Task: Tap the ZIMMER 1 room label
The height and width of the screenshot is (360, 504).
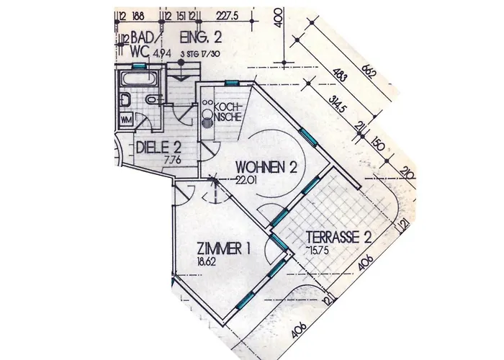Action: click(x=224, y=250)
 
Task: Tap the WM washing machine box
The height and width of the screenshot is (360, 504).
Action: click(x=126, y=120)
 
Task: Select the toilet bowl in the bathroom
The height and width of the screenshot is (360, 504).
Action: click(x=126, y=99)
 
